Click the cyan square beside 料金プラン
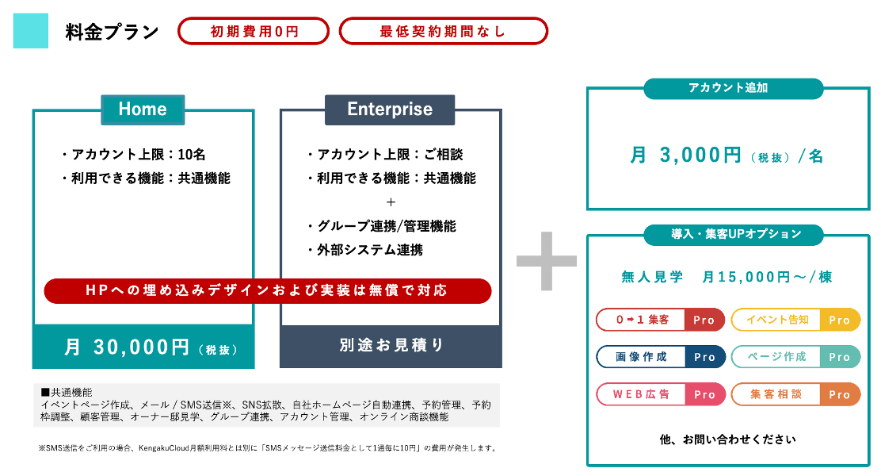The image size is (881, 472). click(31, 31)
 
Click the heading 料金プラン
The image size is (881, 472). click(112, 33)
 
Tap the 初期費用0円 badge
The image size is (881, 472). click(254, 32)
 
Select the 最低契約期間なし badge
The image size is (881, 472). click(443, 32)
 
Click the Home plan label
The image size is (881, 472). click(143, 109)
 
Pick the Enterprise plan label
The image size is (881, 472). click(390, 109)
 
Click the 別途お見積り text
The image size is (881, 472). click(391, 346)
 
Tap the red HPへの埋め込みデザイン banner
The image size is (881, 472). click(267, 290)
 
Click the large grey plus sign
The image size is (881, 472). click(547, 261)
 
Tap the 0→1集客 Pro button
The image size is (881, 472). click(660, 320)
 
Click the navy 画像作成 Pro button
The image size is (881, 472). click(660, 357)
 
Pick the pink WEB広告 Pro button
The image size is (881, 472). click(660, 394)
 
